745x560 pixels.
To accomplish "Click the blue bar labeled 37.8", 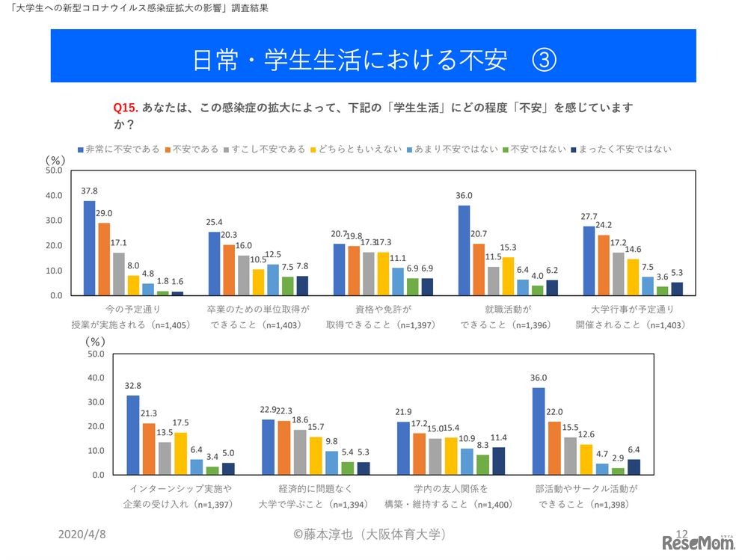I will [x=89, y=247].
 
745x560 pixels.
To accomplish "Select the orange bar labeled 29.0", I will [x=104, y=259].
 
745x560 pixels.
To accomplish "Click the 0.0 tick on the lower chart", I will [x=96, y=475].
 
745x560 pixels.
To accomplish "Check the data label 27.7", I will [x=589, y=217].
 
